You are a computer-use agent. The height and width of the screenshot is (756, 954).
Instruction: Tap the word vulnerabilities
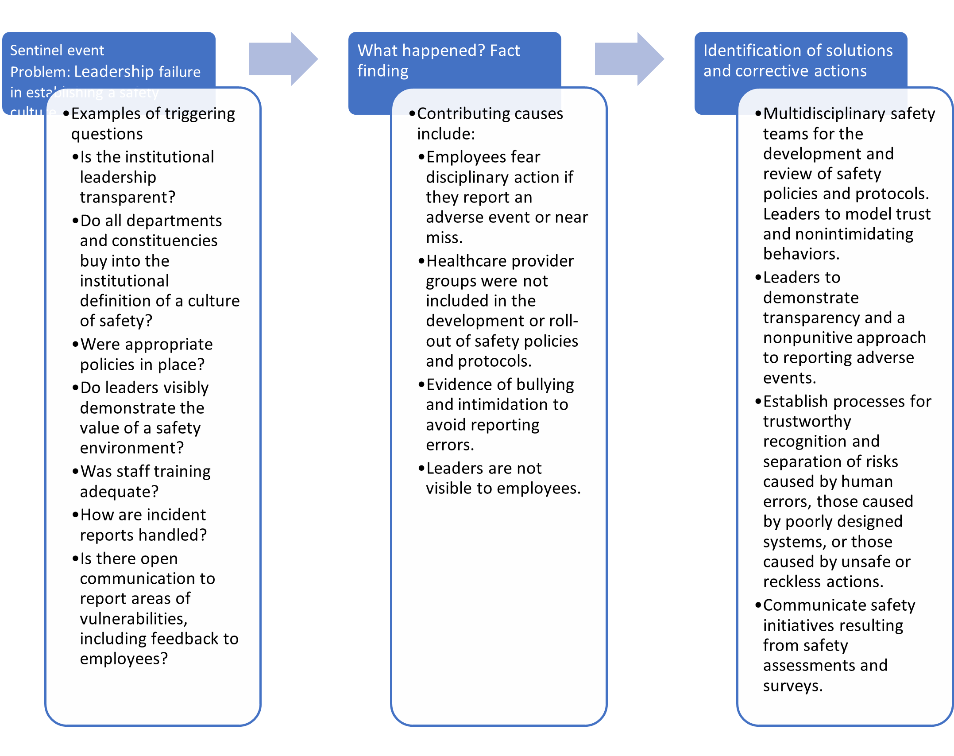tap(134, 619)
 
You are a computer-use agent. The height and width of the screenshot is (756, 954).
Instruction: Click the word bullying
tap(545, 384)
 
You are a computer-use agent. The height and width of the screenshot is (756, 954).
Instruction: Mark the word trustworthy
tap(807, 421)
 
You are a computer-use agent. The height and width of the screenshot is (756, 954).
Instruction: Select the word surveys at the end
tap(792, 686)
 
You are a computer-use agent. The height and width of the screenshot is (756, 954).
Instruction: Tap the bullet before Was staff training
tap(75, 472)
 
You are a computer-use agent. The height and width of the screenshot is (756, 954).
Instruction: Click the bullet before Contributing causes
tap(412, 114)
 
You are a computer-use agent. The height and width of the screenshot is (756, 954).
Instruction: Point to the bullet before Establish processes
tap(758, 401)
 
